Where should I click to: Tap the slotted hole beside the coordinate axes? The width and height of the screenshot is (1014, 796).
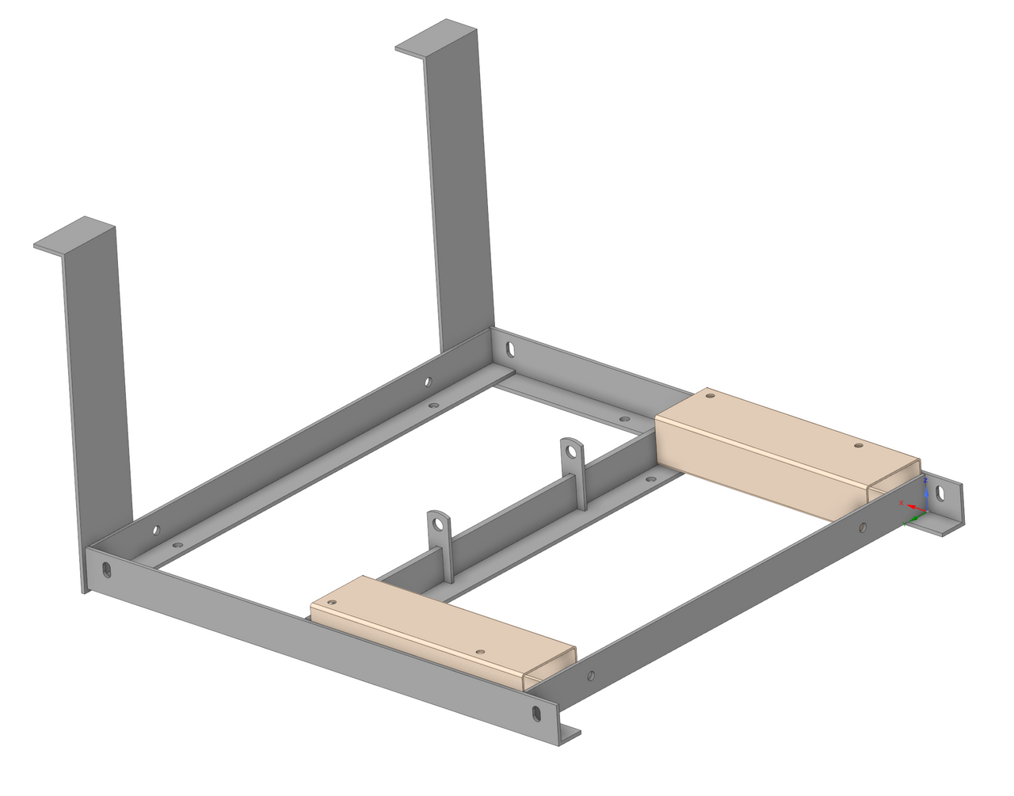(940, 493)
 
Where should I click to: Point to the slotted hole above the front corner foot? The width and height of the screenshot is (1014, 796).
(536, 712)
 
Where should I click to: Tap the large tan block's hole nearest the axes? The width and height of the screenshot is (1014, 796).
(857, 446)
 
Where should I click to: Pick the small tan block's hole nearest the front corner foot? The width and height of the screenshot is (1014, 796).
(480, 652)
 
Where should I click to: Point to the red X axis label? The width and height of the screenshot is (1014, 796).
(902, 503)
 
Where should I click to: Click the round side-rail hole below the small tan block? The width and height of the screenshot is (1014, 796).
(591, 676)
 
